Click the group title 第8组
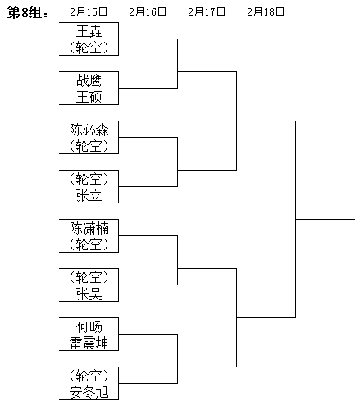pos(27,13)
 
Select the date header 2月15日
pos(89,12)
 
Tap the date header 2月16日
pos(148,12)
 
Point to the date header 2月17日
pos(207,12)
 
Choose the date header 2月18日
pos(266,12)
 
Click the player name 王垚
pos(89,31)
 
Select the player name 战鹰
pos(89,80)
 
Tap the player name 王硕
pos(89,97)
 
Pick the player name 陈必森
pos(89,130)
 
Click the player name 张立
pos(89,195)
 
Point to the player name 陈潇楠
pos(89,228)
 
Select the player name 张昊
pos(89,294)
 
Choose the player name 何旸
pos(89,326)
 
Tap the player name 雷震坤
pos(89,343)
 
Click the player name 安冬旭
pos(89,392)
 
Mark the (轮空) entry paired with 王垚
pos(89,48)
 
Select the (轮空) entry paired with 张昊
pos(89,277)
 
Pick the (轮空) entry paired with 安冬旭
pos(89,376)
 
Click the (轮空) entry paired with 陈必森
pos(89,146)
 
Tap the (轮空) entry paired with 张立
pos(89,179)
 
